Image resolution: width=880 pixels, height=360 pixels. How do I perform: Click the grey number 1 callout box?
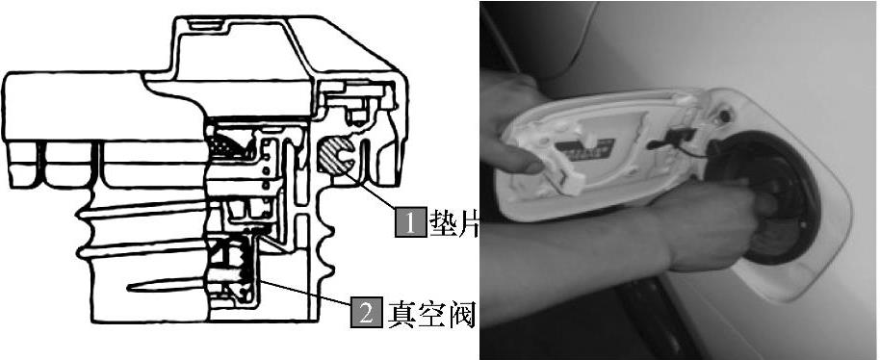coord(411,222)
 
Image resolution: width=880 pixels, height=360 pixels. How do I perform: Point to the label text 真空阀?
coord(431,313)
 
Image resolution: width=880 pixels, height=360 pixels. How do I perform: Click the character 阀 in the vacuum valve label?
coord(461,313)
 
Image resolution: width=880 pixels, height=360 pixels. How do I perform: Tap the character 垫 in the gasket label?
coord(441,222)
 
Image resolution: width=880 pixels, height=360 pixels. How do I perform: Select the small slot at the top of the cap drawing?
coord(204,23)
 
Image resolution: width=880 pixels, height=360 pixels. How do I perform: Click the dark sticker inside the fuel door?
coord(584,148)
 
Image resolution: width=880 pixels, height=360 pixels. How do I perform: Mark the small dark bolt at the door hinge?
coord(725,116)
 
